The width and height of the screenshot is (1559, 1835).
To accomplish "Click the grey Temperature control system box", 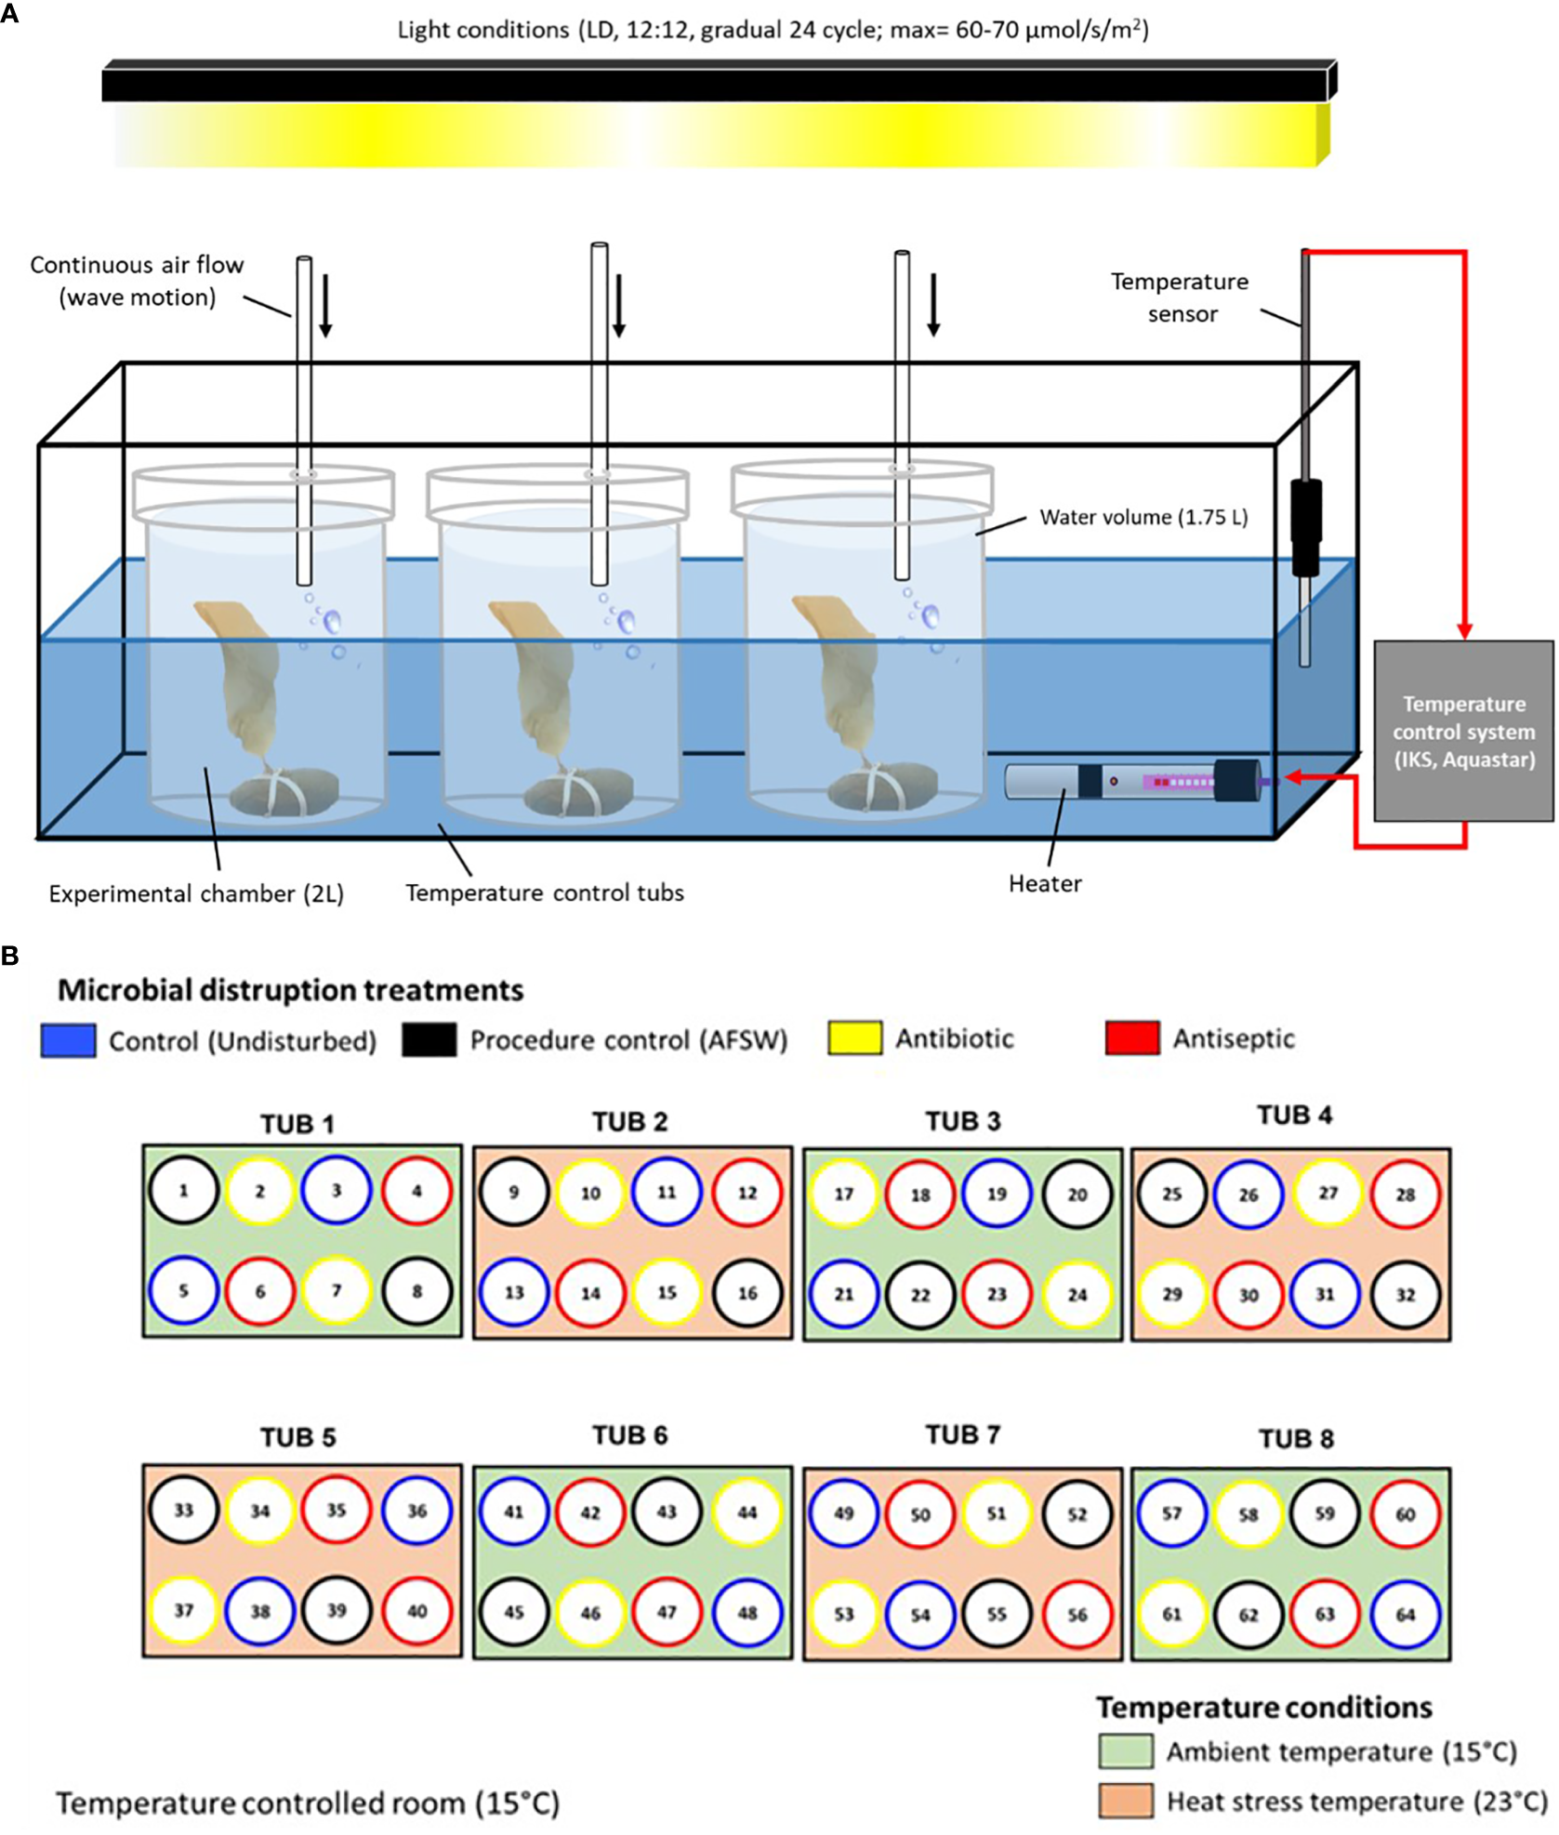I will pos(1462,731).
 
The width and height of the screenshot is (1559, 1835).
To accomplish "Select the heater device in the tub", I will pos(1131,781).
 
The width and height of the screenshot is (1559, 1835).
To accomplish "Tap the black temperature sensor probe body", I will pos(1305,526).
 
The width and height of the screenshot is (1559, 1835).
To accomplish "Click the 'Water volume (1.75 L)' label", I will pos(1143,518).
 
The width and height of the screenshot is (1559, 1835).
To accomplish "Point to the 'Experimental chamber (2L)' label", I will pos(196,893).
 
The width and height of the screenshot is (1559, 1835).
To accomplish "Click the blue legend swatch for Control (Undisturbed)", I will pos(68,1040).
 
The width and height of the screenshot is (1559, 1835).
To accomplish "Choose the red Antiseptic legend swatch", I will pos(1131,1037).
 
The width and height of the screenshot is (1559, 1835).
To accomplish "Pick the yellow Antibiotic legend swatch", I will pos(853,1037).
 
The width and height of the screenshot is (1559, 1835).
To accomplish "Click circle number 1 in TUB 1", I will pos(183,1191).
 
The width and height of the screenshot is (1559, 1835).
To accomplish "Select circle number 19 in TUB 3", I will pos(997,1194).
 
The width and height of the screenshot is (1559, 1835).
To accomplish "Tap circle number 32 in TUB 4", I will pos(1405,1294).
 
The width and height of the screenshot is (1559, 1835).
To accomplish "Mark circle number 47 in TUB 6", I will pos(667,1613).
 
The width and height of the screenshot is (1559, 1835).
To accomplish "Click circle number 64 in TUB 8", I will pos(1405,1615).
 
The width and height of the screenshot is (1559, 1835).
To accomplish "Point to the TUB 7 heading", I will pos(962,1434).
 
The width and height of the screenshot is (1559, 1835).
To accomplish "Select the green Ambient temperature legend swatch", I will pos(1125,1751).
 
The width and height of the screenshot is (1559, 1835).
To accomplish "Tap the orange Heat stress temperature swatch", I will pos(1125,1801).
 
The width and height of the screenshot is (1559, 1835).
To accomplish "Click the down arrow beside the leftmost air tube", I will pos(325,305).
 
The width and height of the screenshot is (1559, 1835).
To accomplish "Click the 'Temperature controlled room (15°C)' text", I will pos(308,1803).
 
